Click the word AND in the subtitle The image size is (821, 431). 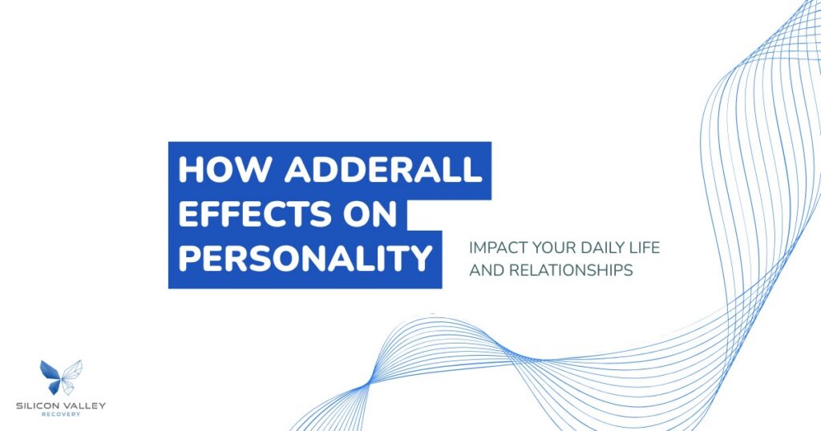point(484,271)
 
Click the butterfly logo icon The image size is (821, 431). point(61,377)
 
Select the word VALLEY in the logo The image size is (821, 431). point(84,406)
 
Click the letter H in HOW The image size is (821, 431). point(190,171)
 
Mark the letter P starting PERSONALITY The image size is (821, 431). point(188,258)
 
